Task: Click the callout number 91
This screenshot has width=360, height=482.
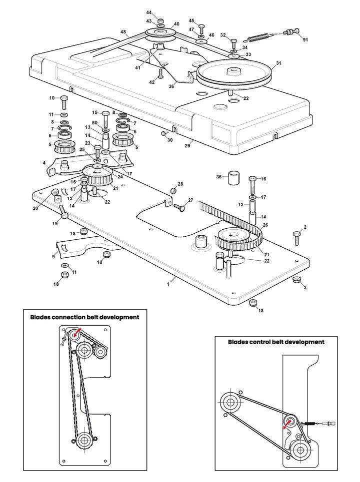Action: point(305,40)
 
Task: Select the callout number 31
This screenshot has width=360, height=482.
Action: point(278,63)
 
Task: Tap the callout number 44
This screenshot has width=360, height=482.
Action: point(149,12)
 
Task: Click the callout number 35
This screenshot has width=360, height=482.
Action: point(218,177)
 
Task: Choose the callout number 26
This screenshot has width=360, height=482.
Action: point(265,225)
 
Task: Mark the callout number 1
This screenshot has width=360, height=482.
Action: point(168,283)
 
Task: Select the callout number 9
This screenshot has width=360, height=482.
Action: point(53,257)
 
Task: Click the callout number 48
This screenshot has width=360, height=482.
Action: point(123,32)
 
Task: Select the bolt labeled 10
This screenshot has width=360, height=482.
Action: point(64,102)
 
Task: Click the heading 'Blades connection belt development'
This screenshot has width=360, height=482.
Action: point(84,317)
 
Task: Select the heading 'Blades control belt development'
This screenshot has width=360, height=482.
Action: point(276,342)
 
